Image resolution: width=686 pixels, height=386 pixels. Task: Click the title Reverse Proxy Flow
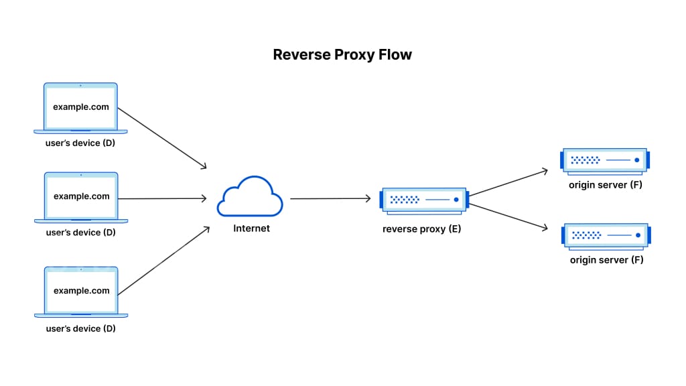point(342,54)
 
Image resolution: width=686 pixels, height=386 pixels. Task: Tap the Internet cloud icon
point(249,196)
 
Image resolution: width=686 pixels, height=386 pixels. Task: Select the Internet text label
point(251,229)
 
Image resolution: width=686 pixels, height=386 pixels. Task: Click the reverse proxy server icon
point(423,200)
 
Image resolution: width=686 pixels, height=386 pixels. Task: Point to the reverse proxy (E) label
point(421,229)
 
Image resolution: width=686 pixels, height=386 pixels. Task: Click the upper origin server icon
point(605,160)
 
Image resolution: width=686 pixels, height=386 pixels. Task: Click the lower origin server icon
point(606,235)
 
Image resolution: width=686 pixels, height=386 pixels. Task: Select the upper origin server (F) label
point(605,184)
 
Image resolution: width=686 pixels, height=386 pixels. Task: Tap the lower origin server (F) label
point(606,260)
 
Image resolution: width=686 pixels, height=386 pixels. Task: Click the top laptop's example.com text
point(81,107)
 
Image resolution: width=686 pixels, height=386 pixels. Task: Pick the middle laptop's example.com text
point(81,196)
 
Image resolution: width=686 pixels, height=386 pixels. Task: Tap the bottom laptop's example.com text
point(81,291)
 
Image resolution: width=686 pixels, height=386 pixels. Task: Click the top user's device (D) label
point(80,143)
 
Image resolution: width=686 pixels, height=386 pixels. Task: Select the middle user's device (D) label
point(80,233)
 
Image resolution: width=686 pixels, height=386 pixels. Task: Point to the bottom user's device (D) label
point(80,329)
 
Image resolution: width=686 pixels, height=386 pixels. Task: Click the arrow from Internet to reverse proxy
point(330,198)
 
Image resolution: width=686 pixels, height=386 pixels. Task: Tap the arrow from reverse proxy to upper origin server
point(508,183)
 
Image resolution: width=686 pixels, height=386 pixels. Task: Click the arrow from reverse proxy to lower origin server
point(508,216)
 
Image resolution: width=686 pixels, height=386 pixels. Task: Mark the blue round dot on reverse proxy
point(456,200)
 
